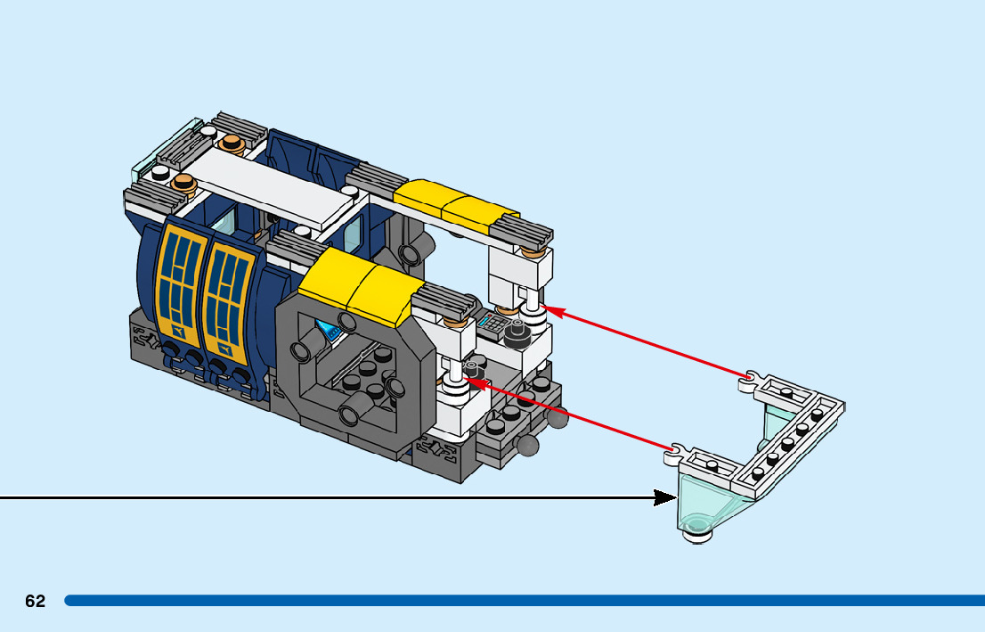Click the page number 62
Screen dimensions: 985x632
tap(35, 602)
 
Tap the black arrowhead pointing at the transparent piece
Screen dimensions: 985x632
tap(665, 497)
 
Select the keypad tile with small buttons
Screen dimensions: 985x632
tap(492, 324)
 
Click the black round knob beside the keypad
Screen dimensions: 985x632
tap(515, 334)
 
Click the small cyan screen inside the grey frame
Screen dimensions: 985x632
tap(331, 333)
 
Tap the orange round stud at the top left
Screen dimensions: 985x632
tap(233, 143)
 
